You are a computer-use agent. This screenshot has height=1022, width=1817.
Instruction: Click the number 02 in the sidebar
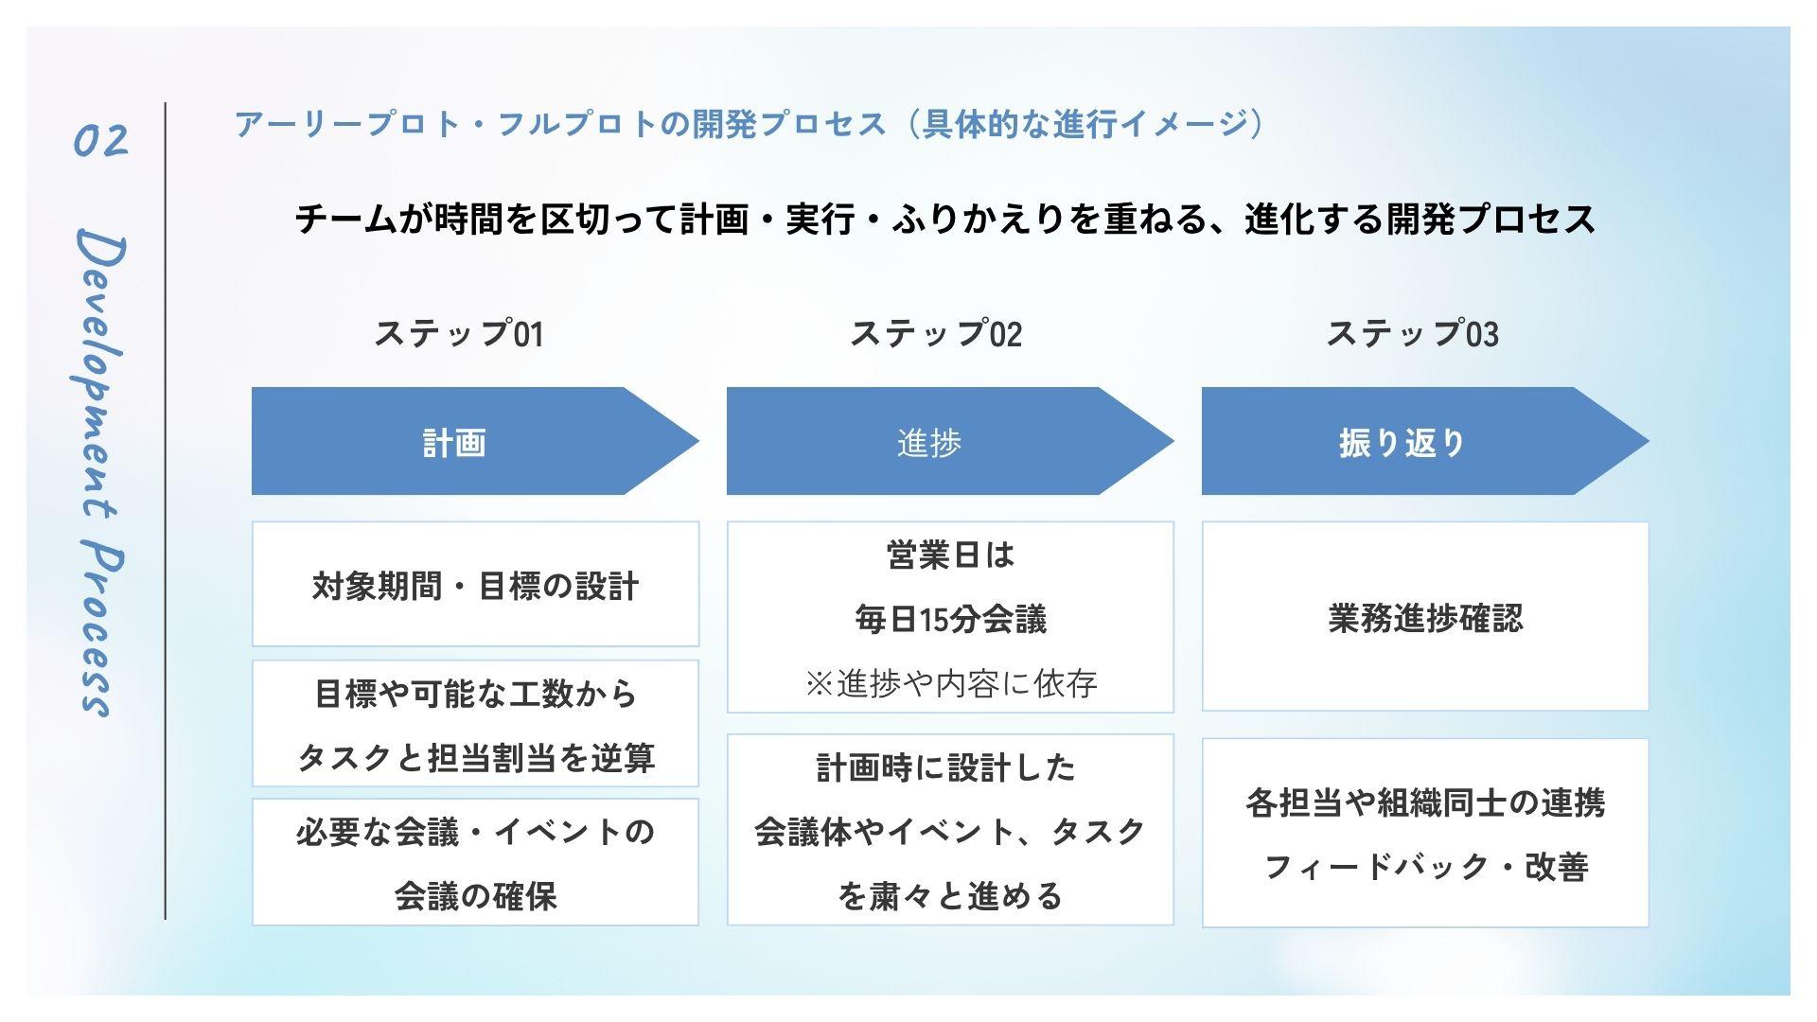(100, 141)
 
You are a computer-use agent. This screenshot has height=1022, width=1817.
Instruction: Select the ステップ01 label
(459, 333)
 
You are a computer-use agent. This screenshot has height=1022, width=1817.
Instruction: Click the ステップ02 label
(936, 333)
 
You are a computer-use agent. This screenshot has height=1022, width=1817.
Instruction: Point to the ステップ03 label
(1412, 333)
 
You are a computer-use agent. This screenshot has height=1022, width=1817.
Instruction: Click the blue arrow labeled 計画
(475, 441)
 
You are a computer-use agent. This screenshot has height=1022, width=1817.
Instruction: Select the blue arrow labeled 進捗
(950, 441)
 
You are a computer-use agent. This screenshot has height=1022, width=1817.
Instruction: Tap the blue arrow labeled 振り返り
(1425, 441)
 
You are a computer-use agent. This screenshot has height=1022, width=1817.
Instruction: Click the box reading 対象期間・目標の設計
(475, 584)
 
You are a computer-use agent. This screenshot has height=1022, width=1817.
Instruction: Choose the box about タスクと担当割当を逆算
(475, 723)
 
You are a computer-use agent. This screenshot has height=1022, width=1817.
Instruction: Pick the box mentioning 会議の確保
(475, 862)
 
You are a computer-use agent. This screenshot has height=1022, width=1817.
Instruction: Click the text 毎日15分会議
(950, 620)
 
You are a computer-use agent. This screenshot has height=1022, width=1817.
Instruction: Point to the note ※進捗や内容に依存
(950, 683)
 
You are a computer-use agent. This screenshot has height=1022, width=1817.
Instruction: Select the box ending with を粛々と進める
(950, 830)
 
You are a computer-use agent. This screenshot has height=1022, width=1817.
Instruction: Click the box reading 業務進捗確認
(1425, 616)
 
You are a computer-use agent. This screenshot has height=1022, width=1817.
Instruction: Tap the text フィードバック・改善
(1425, 867)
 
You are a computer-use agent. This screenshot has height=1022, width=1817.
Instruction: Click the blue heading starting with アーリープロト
(749, 124)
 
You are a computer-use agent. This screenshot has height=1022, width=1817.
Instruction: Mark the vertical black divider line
(166, 511)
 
